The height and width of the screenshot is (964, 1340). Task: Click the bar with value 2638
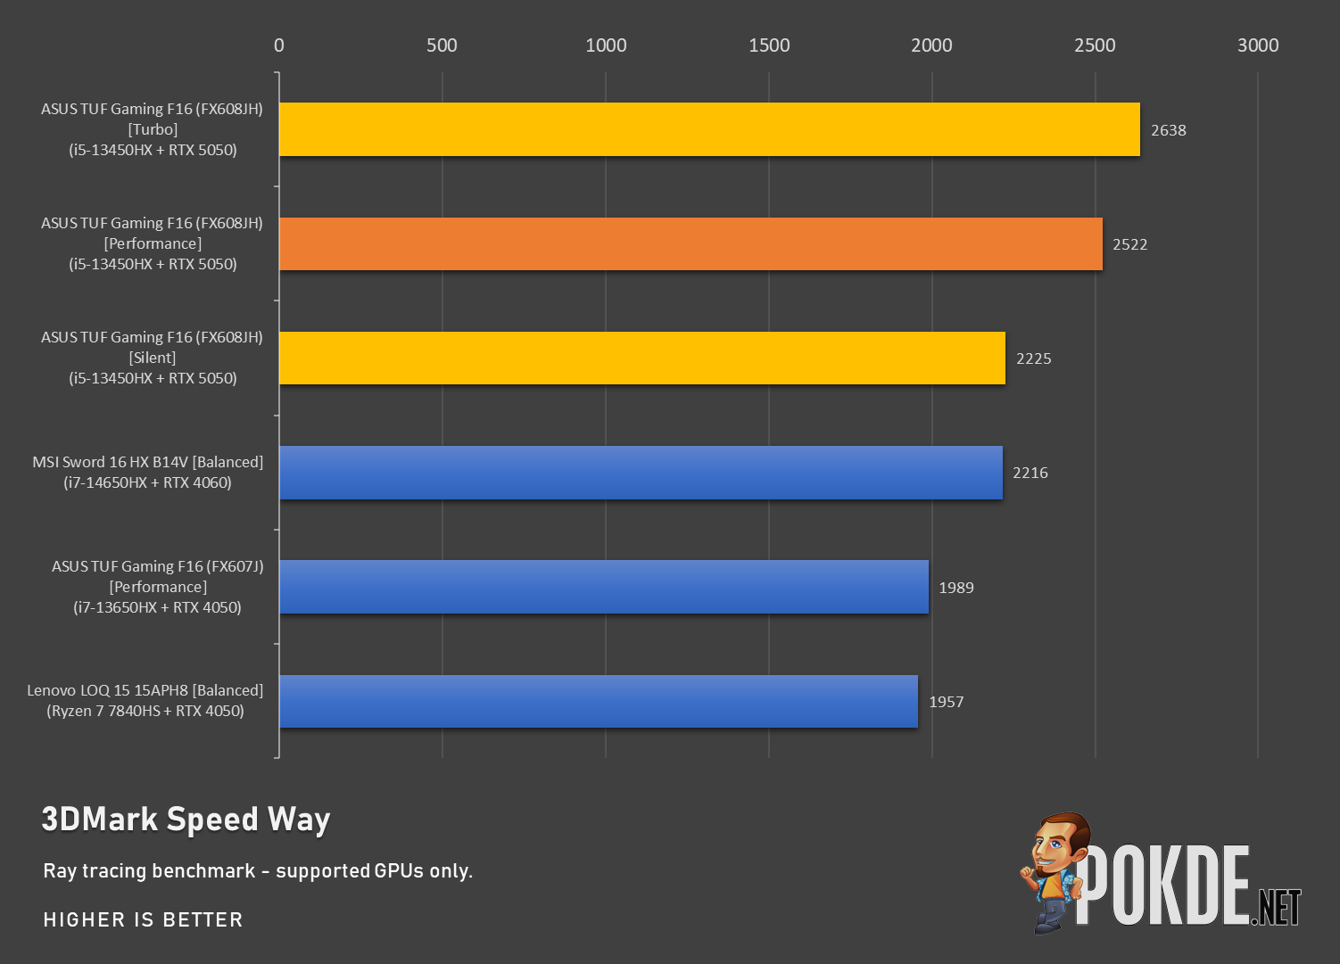coord(709,129)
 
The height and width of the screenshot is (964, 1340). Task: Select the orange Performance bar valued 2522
coord(691,243)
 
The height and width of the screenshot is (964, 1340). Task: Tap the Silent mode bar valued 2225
coord(642,358)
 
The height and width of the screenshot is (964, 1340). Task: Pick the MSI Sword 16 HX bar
coord(641,473)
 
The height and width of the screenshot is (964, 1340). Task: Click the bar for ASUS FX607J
coord(604,587)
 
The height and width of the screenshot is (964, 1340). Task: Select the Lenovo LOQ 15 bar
coord(599,701)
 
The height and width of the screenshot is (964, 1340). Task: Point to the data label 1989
coord(956,588)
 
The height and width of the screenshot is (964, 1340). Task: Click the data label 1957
coord(947,702)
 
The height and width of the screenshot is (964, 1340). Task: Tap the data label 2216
coord(1030,473)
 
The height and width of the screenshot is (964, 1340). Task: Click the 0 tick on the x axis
coord(278,45)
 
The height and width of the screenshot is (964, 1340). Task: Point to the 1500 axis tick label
coord(769,45)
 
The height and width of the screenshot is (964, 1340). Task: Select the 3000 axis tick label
coord(1258,45)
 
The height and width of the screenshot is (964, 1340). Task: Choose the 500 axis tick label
coord(443,45)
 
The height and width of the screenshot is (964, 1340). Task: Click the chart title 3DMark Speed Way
coord(186,820)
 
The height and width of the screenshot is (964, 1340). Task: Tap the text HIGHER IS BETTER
coord(143,919)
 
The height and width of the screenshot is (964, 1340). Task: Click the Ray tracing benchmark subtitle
coord(258,870)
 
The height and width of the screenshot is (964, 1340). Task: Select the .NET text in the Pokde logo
coord(1277,907)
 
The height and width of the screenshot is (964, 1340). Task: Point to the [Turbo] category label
coord(153,129)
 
